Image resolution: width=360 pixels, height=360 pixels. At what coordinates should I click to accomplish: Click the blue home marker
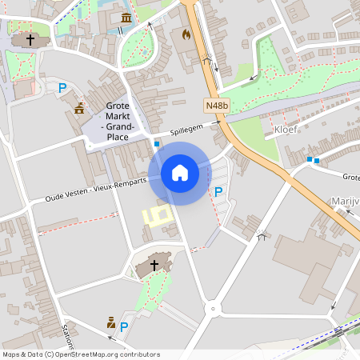[179, 173]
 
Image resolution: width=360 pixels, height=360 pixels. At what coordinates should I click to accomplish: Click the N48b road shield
[217, 105]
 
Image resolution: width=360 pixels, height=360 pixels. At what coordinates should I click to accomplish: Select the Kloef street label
[286, 129]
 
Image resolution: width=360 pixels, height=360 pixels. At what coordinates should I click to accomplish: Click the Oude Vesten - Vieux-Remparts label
[97, 189]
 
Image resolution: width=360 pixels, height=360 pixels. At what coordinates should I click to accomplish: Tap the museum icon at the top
[126, 18]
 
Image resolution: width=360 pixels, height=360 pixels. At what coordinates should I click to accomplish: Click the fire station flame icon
[186, 35]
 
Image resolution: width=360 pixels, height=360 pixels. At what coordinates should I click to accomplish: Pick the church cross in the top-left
[30, 39]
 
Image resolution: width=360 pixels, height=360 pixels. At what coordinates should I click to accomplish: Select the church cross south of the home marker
[154, 265]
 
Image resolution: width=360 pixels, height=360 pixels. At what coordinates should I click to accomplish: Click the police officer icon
[111, 323]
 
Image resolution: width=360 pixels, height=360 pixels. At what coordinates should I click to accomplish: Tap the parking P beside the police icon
[124, 326]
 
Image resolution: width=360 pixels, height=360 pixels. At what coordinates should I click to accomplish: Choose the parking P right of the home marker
[218, 191]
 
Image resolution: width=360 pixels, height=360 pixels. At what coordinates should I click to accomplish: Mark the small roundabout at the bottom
[213, 308]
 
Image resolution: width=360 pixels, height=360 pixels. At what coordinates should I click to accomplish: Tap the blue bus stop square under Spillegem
[157, 144]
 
